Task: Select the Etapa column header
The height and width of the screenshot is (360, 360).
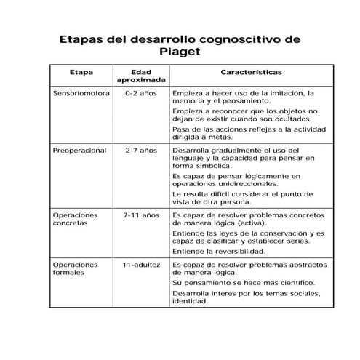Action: (81, 73)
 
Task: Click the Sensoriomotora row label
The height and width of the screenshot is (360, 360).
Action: (81, 94)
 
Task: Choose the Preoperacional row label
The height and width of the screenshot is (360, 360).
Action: (80, 151)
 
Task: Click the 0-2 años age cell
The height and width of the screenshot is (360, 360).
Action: (140, 94)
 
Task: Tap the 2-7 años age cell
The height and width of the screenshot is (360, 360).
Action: (140, 151)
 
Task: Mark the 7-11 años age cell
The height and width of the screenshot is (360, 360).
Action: (140, 215)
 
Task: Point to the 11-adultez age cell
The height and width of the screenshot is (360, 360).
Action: (140, 265)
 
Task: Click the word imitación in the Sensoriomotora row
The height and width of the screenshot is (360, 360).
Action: (286, 94)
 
